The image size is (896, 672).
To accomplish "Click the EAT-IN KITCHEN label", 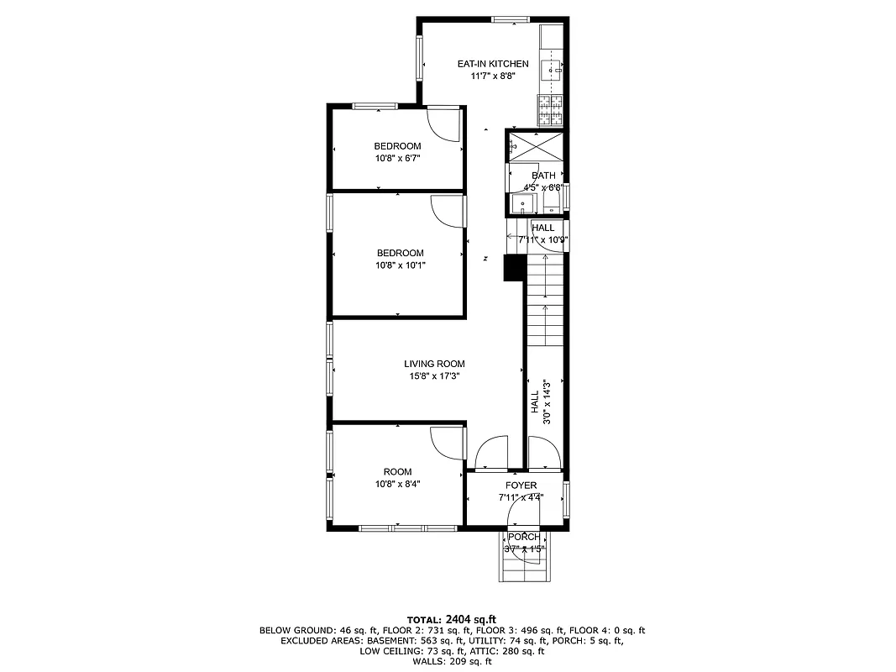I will tap(492, 64).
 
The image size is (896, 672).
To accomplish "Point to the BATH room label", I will tap(542, 176).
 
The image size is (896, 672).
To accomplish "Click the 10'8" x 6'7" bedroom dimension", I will tap(397, 158).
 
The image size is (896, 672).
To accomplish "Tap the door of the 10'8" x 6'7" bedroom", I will tap(443, 124).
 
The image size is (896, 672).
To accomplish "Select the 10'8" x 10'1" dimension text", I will tap(400, 265).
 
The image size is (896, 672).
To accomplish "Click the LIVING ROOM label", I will tap(433, 364).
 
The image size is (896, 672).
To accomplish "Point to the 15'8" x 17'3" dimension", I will tap(433, 376).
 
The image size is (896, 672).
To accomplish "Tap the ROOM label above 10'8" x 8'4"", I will tap(397, 471).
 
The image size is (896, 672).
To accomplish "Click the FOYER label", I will tap(521, 486).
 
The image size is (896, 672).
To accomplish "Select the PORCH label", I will tap(524, 538).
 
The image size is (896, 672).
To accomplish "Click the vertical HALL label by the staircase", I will tap(534, 401).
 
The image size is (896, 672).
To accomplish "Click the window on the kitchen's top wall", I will tap(510, 19).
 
